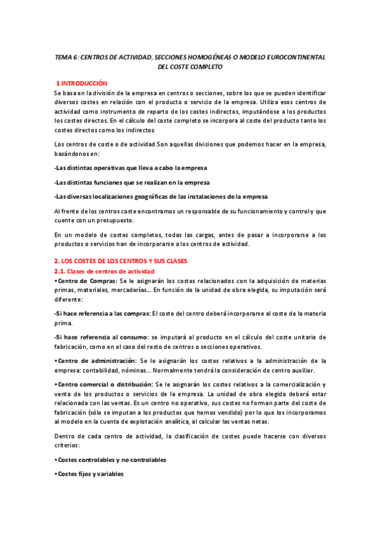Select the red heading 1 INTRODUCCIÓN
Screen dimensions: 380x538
[82, 83]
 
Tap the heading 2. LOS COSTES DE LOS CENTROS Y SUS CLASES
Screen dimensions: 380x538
[125, 261]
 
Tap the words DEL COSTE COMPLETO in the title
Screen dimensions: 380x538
[190, 67]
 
